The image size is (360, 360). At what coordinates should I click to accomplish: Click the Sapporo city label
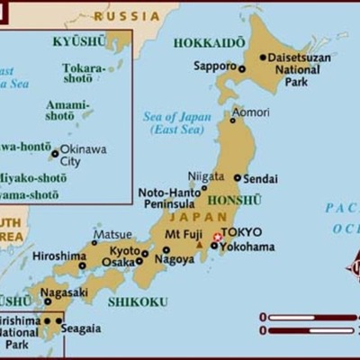[213, 66]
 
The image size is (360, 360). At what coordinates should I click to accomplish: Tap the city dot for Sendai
[238, 178]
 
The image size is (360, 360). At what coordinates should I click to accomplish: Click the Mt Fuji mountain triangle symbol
[199, 244]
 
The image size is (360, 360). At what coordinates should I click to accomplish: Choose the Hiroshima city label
[58, 256]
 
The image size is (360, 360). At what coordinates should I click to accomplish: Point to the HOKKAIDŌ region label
[209, 42]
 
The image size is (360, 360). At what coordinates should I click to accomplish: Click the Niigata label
[206, 176]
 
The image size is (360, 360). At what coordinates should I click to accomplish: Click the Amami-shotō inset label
[68, 111]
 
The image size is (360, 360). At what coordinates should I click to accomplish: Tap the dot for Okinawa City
[55, 154]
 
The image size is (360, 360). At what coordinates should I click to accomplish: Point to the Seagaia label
[81, 328]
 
